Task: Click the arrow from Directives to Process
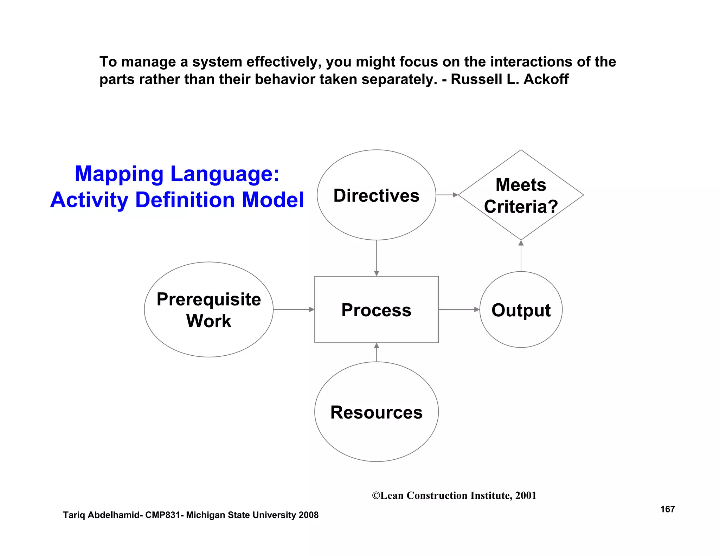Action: [x=377, y=258]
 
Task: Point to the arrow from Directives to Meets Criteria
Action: [x=447, y=195]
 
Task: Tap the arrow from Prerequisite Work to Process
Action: [x=294, y=309]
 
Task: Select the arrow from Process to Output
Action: [x=459, y=309]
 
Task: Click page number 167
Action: [x=667, y=509]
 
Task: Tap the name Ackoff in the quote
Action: [x=546, y=79]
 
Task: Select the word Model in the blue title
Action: [x=273, y=200]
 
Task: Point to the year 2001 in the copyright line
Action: [x=526, y=496]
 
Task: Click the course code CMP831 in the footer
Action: [x=162, y=515]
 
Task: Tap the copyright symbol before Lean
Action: [x=376, y=496]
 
